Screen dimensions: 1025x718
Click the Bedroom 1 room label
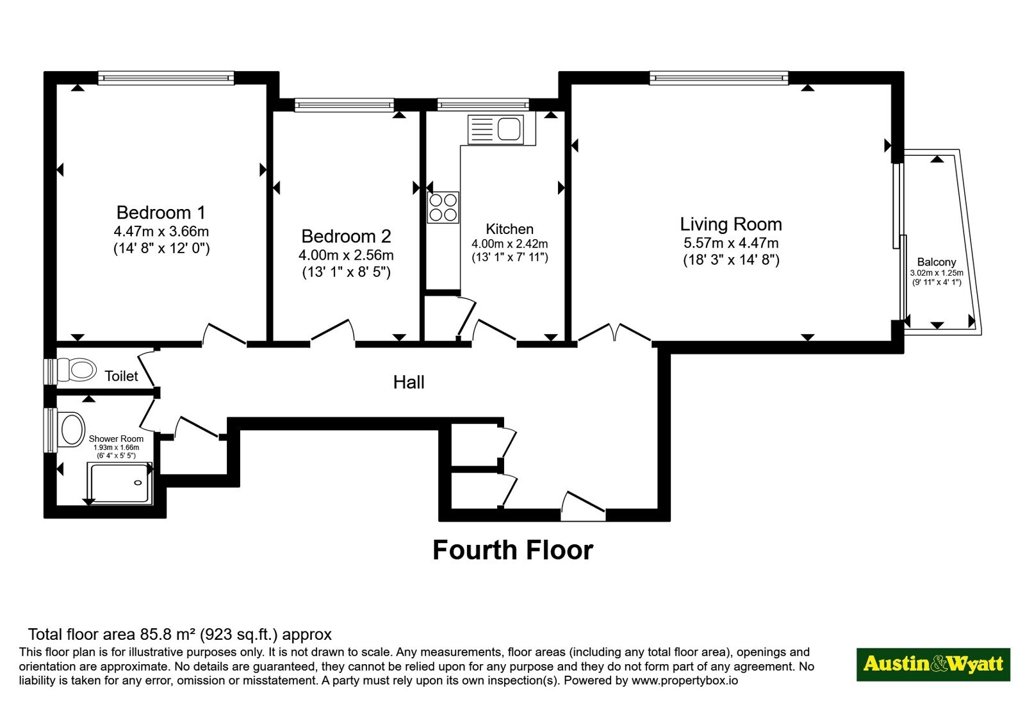(x=161, y=212)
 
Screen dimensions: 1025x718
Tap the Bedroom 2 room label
(x=346, y=237)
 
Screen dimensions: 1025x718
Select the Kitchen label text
(x=509, y=229)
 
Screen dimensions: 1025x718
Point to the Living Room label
(x=731, y=224)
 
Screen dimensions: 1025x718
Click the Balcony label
(x=937, y=262)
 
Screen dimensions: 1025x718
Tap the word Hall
(x=409, y=382)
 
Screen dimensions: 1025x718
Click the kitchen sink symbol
(x=502, y=130)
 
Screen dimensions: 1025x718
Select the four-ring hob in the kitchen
(x=443, y=208)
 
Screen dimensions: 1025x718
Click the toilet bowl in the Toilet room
(x=76, y=369)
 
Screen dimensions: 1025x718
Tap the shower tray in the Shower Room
(x=120, y=483)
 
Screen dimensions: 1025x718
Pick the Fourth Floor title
(x=513, y=550)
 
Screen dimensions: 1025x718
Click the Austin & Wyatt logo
(x=933, y=664)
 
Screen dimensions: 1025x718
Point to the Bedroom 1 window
(x=166, y=78)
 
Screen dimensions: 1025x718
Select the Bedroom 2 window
(x=344, y=105)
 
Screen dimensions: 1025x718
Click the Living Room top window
(x=719, y=78)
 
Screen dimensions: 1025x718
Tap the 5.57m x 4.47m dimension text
(x=731, y=243)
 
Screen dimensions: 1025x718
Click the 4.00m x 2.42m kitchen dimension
(x=510, y=244)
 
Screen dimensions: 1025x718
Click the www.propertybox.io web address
(x=685, y=680)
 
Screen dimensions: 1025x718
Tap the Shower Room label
(x=116, y=438)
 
